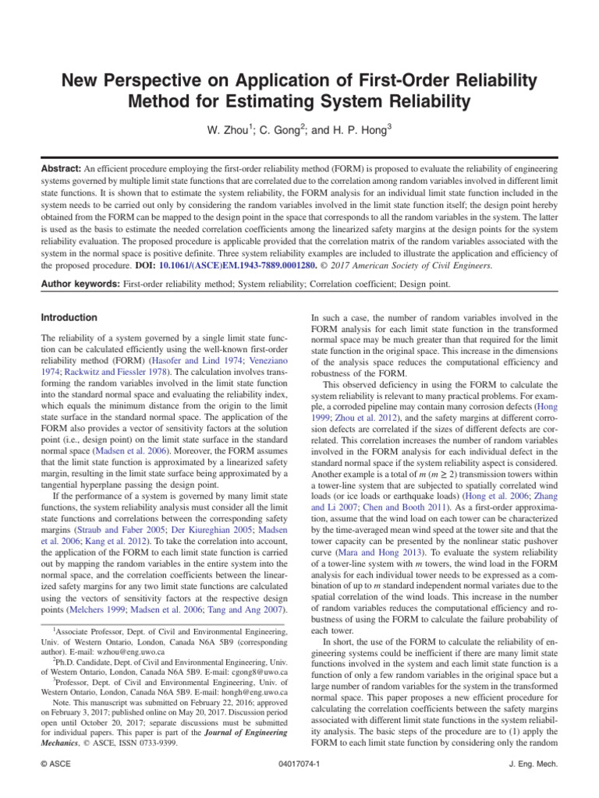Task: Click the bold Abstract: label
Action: (x=63, y=168)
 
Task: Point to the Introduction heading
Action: (x=69, y=318)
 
